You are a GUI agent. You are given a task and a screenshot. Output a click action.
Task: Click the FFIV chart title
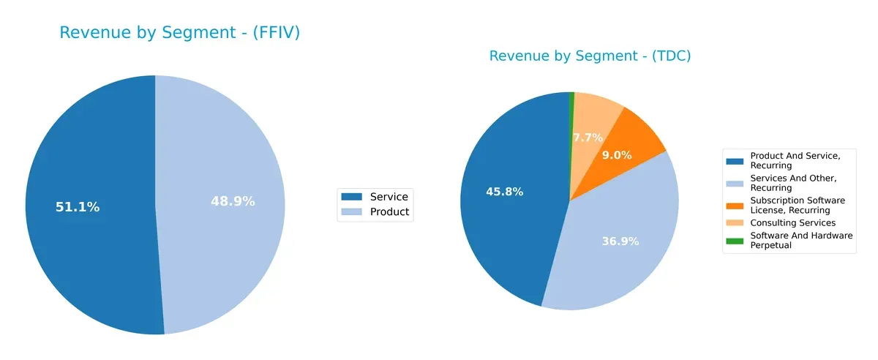tap(179, 33)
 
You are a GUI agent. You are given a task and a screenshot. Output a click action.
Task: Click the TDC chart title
tap(590, 56)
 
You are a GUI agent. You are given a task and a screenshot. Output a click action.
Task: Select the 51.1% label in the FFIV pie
tap(78, 207)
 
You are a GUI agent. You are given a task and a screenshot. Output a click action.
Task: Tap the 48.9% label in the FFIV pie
tap(233, 201)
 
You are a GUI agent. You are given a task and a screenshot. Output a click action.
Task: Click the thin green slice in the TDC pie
tap(571, 102)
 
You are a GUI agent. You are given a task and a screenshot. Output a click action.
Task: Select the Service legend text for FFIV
tap(389, 196)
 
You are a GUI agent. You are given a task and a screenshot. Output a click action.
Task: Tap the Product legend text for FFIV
tap(389, 212)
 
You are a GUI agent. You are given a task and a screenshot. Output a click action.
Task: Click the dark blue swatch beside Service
tap(352, 196)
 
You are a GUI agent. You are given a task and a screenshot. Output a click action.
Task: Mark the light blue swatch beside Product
tap(352, 212)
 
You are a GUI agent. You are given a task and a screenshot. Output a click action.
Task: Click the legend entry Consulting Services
tap(792, 222)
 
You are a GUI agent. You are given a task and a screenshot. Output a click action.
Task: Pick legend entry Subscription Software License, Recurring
tap(798, 205)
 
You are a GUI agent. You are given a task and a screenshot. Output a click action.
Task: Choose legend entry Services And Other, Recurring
tap(793, 183)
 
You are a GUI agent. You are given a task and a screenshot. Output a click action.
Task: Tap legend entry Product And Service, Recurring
tap(795, 160)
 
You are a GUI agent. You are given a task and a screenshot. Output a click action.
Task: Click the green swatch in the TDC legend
tap(735, 240)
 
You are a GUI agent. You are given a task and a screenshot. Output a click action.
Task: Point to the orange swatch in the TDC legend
tap(735, 205)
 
